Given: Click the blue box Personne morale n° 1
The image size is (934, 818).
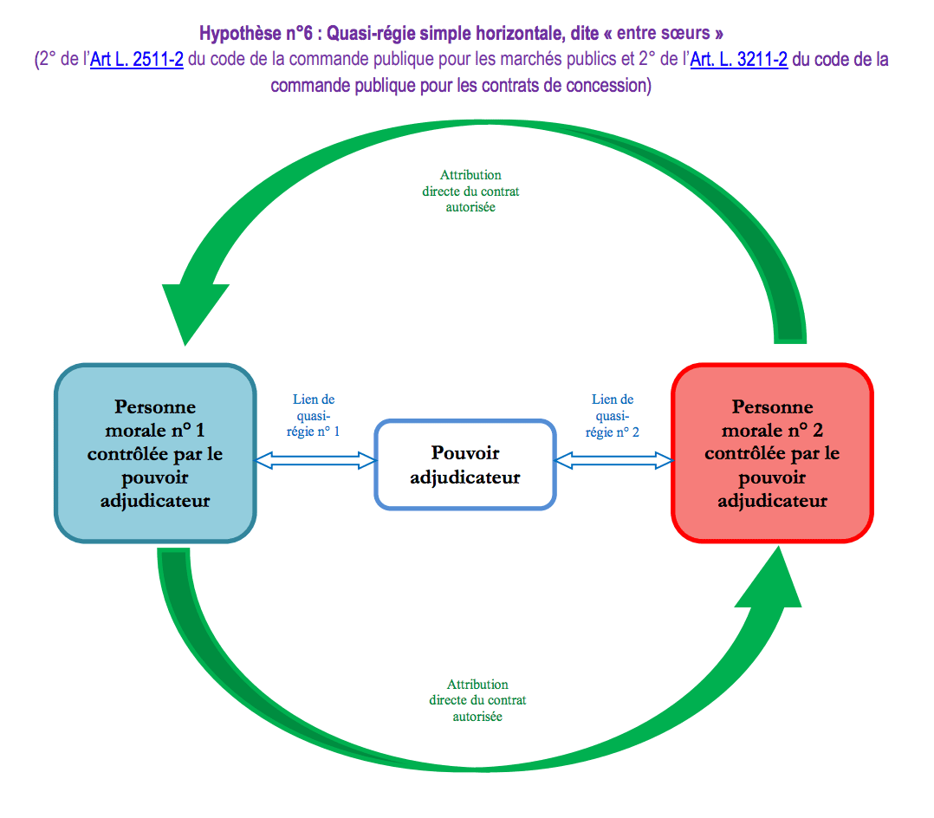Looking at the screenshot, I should point(155,453).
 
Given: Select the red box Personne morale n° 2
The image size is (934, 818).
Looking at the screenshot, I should point(772,453).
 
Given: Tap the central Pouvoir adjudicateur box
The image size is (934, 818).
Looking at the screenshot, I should point(465,464).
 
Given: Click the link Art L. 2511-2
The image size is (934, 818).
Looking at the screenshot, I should point(137,60).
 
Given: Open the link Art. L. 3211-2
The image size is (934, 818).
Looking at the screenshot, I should point(738,60).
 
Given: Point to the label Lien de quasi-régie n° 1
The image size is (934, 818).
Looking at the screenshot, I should point(314,415).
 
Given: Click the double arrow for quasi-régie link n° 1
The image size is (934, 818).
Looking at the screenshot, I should point(315,461).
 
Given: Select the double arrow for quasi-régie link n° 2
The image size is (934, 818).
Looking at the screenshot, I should point(614,461).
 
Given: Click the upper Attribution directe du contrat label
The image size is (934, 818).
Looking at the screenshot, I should point(470,191).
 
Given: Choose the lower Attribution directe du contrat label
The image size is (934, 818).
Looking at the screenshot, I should point(477,700).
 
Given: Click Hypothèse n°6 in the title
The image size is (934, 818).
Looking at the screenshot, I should point(255,34).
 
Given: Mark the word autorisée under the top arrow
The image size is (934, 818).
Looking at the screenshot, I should point(471,208).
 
